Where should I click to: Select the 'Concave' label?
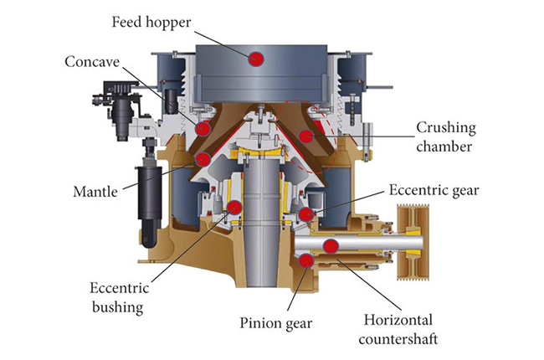[x=93, y=61]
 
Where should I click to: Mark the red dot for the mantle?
[x=202, y=158]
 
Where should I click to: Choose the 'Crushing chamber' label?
[x=447, y=137]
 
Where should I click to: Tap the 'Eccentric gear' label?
[x=434, y=190]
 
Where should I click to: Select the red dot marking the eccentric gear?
[x=307, y=214]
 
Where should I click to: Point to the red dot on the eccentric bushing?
[x=234, y=207]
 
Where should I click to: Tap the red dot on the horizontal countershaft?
[x=331, y=245]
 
